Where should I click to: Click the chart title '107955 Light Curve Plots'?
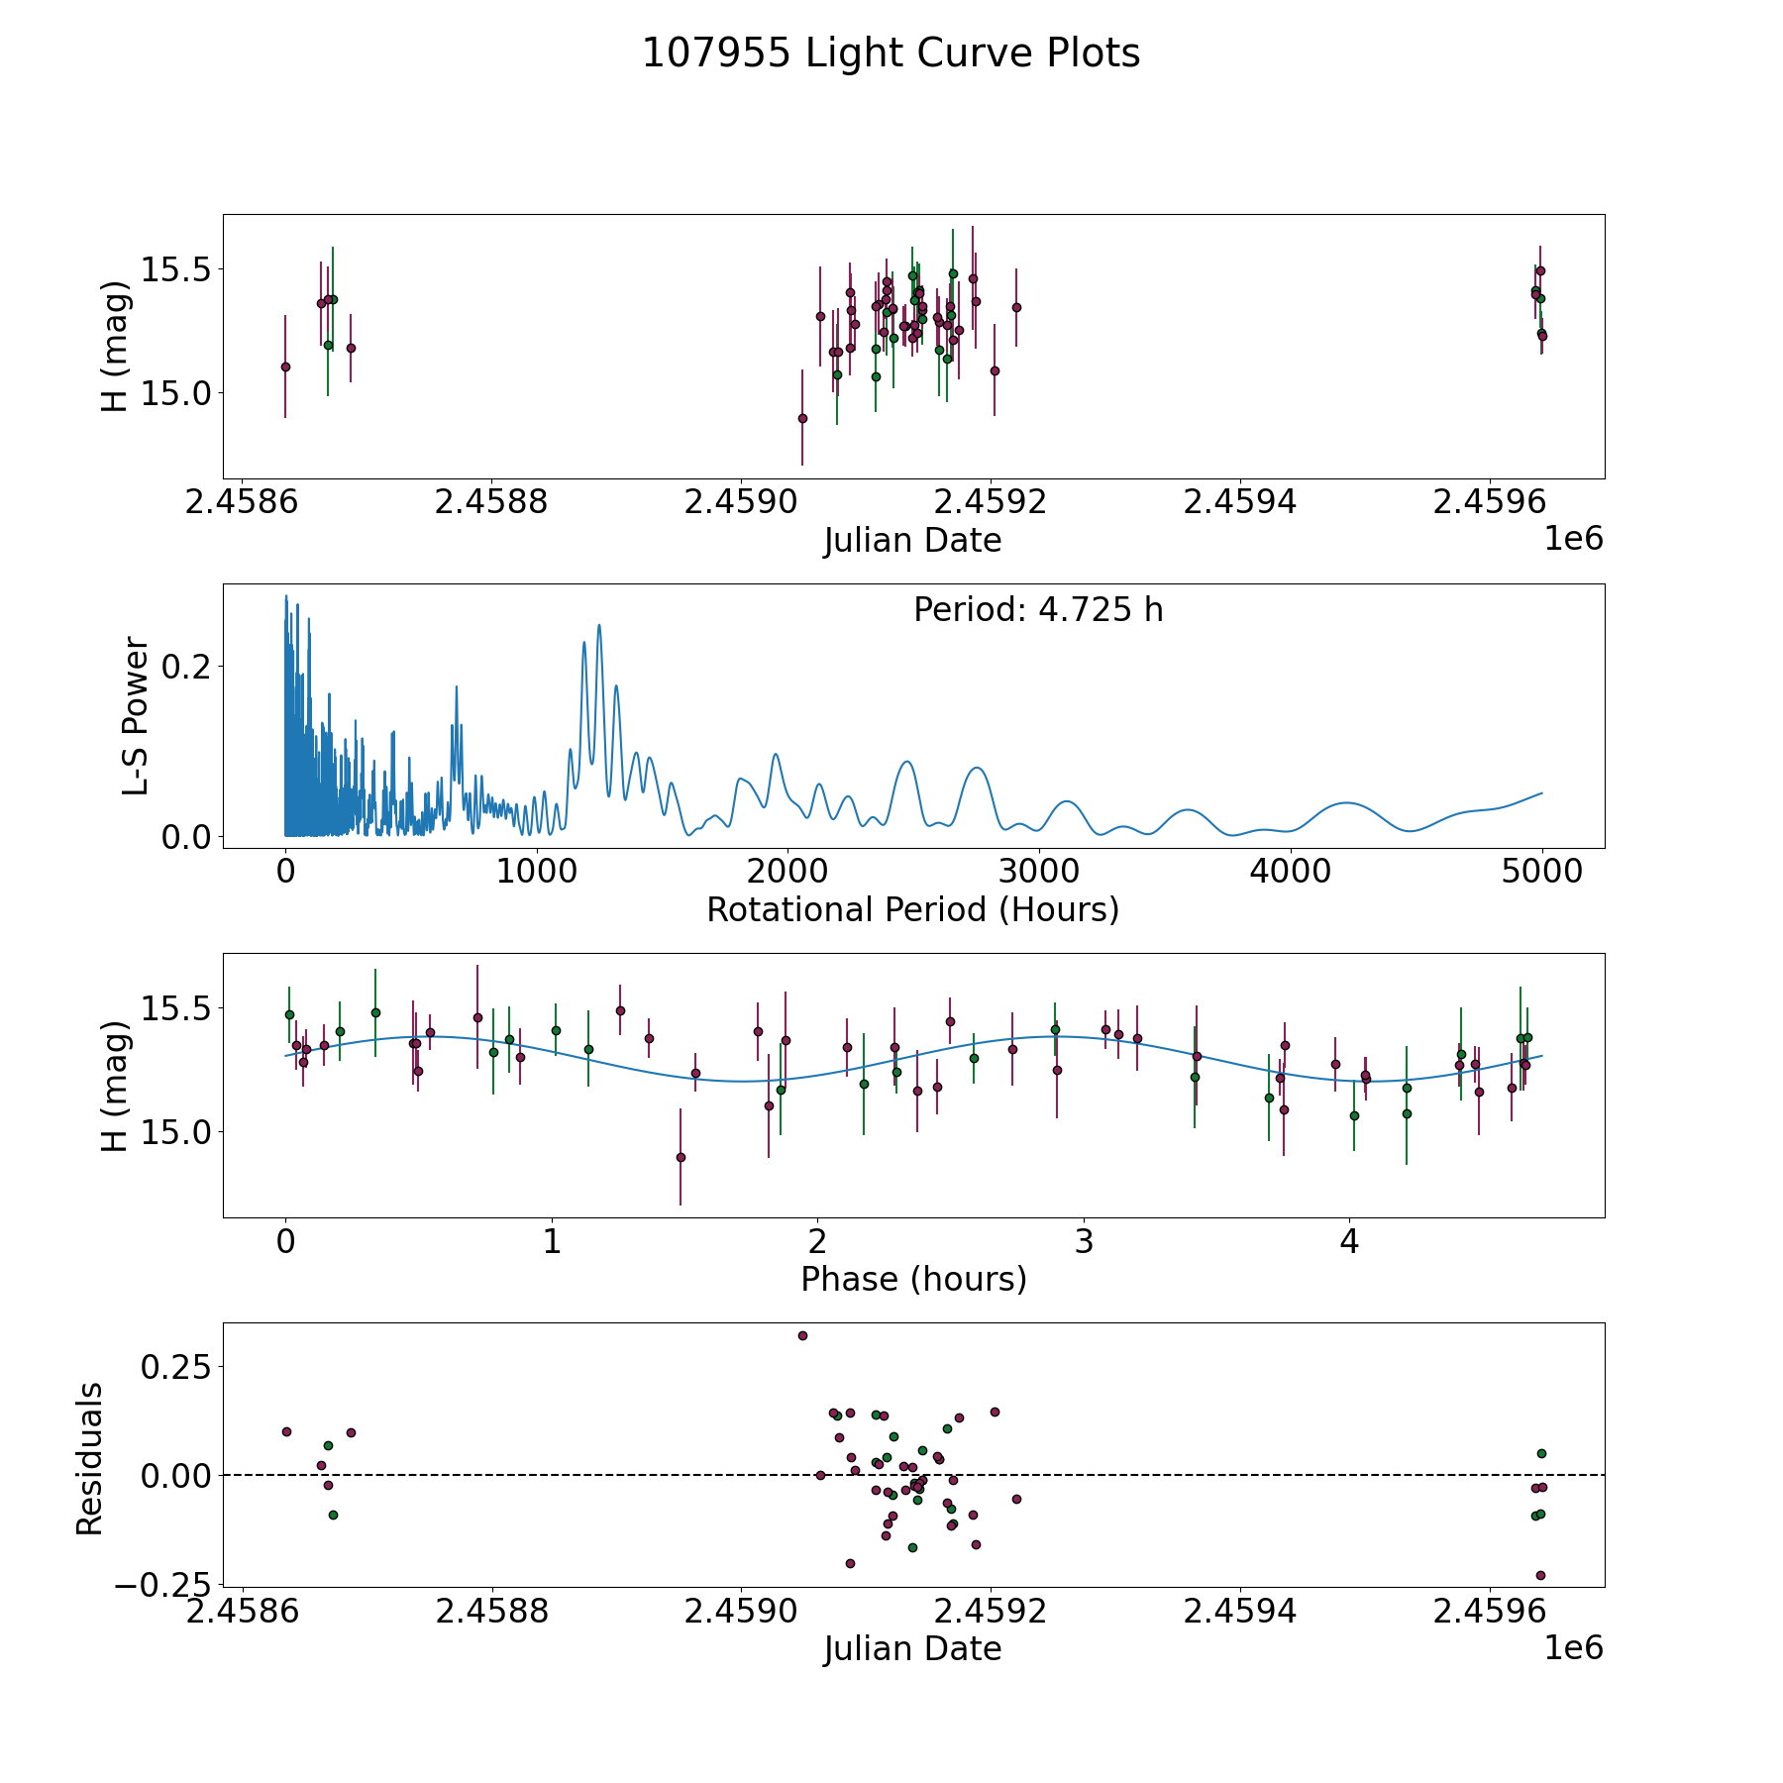[x=891, y=53]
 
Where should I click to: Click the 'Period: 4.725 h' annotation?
[x=1038, y=610]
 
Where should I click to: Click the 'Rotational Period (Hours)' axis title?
[x=912, y=909]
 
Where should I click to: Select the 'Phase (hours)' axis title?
[x=913, y=1279]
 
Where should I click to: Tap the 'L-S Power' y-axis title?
[x=136, y=716]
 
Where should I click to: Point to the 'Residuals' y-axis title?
[x=90, y=1459]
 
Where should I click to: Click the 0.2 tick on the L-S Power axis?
[x=186, y=666]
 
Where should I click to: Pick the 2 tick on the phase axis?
[x=817, y=1242]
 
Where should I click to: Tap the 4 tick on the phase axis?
[x=1349, y=1242]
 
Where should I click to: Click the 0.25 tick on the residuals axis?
[x=176, y=1366]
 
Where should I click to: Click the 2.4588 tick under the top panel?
[x=491, y=503]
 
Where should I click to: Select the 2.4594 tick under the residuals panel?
[x=1240, y=1612]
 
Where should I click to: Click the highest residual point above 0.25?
[x=802, y=1335]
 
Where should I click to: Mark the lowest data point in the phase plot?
[x=681, y=1157]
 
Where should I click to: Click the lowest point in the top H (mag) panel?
[x=802, y=418]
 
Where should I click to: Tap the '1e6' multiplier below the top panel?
[x=1573, y=539]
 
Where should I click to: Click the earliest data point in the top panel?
[x=285, y=367]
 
